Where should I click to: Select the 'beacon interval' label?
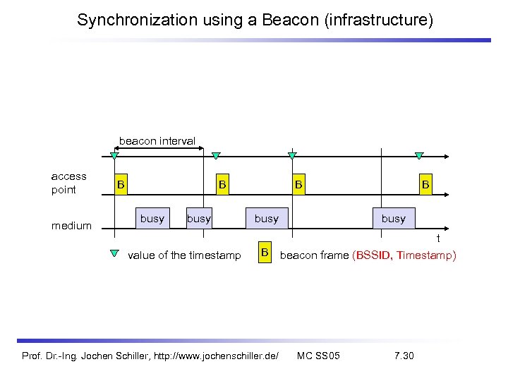point(157,141)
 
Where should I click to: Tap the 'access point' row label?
point(69,183)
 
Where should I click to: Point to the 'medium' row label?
point(71,226)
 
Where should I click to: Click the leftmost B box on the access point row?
point(121,185)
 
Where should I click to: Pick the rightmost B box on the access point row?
point(425,185)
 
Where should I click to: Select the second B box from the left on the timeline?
point(222,185)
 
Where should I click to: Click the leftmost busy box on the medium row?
point(152,219)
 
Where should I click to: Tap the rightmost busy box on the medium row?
point(393,219)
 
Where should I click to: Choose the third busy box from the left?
point(266,219)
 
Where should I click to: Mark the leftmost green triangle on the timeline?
point(114,156)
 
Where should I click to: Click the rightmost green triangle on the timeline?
point(419,156)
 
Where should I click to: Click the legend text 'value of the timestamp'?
point(184,255)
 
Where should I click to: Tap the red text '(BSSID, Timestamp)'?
point(404,255)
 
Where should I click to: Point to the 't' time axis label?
point(437,240)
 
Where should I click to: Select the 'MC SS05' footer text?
point(318,355)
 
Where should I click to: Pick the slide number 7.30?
point(404,355)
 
